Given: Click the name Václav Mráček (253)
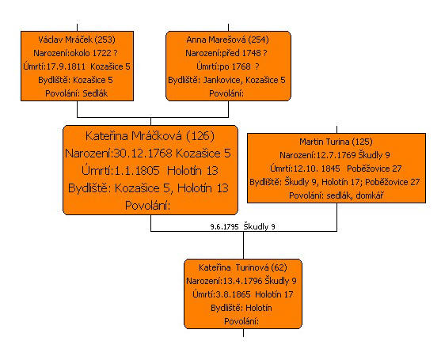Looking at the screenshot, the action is pos(77,40).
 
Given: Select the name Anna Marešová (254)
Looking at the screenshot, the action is pos(227,40).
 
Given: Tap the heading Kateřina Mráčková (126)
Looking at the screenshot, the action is pos(150,136).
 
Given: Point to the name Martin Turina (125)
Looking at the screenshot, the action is pos(336,142).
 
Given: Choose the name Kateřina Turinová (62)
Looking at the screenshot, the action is pos(243,267).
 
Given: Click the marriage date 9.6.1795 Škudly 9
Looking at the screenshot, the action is pos(243,226).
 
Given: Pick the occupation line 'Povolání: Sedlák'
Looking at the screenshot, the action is pos(77,93).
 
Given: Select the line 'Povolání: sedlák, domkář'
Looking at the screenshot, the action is pos(336,195).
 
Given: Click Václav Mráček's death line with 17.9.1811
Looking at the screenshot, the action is pos(77,66).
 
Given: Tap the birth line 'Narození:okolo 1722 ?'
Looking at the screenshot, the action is pos(75,53).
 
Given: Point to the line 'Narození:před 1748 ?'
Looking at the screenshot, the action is pos(226,53).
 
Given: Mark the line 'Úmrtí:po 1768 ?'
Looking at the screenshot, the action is pos(228,66).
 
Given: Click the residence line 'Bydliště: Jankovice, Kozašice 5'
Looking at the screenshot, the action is pos(226,80).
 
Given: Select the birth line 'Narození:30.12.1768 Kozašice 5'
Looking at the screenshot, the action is pos(148,153).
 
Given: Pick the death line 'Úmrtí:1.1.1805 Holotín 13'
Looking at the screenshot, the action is pos(150,171).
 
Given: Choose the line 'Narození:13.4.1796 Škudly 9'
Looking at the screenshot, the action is pos(241,281).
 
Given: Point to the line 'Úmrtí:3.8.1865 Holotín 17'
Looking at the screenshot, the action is pos(243,294).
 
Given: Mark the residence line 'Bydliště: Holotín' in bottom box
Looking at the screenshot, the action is pos(241,308).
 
